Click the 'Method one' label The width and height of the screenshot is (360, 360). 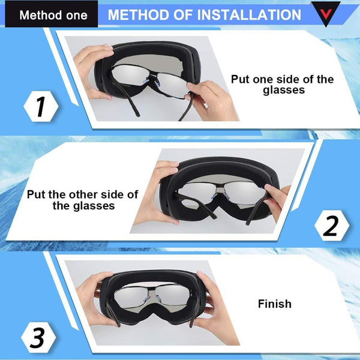click(53, 14)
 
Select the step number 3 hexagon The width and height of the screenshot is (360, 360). click(38, 338)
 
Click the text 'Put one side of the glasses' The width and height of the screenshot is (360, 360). click(281, 85)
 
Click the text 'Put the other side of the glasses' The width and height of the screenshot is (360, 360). click(83, 200)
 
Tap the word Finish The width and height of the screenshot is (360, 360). click(274, 304)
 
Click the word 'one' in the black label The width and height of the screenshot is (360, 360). click(74, 14)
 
